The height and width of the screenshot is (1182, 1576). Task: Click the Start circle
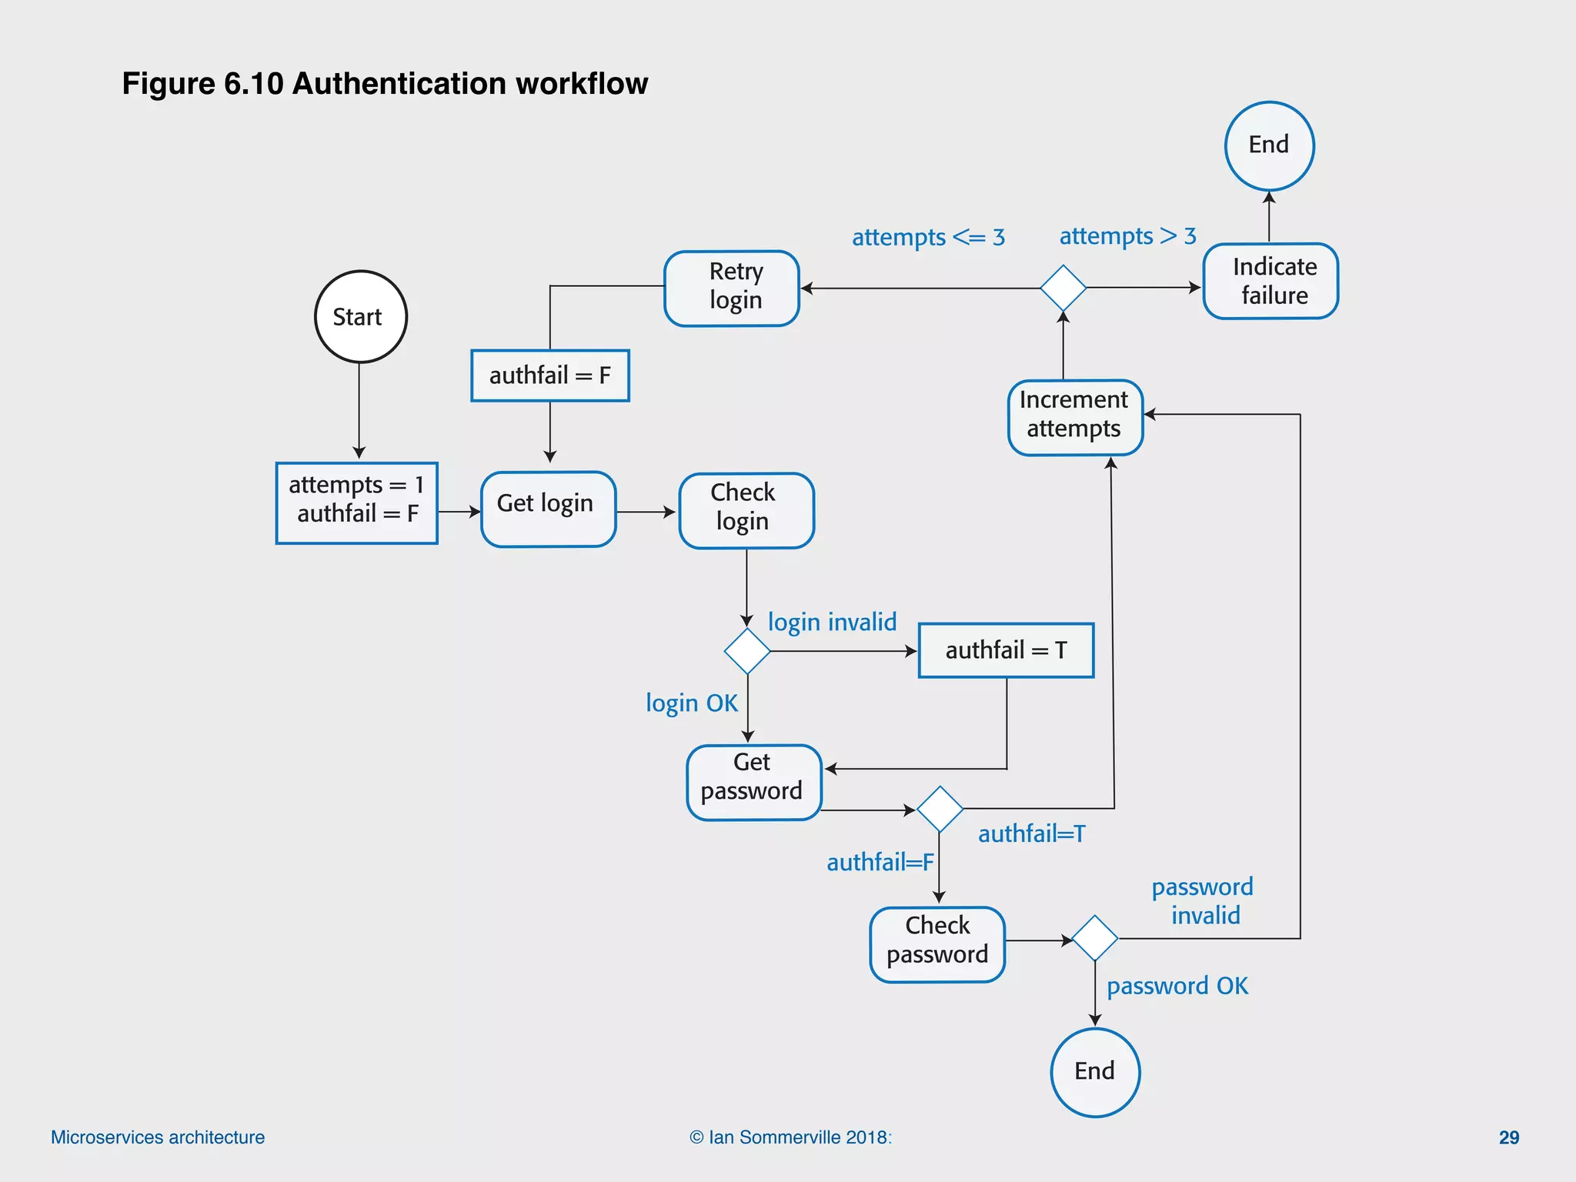point(360,316)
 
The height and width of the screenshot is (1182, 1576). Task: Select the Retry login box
point(732,288)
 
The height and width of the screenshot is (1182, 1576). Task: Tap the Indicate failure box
point(1270,281)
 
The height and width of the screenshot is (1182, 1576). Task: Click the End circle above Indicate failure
point(1269,145)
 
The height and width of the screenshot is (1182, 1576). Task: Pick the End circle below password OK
point(1094,1072)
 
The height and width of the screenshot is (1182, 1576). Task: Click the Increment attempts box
point(1075,417)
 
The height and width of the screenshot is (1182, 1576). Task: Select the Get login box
point(548,509)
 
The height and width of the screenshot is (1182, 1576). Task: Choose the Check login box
point(746,509)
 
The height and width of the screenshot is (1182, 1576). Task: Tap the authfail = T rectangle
point(1006,650)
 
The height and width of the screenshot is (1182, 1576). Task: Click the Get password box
point(753,782)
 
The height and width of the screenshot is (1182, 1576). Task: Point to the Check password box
point(937,944)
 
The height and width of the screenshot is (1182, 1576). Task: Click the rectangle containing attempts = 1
point(356,503)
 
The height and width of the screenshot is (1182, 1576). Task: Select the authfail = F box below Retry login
point(549,376)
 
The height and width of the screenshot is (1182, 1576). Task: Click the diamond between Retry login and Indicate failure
point(1063,288)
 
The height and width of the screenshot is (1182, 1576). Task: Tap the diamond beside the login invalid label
point(746,651)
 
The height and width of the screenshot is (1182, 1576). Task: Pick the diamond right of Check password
point(1094,938)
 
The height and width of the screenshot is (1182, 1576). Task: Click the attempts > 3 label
point(1127,235)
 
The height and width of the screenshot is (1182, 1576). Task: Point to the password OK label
point(1177,986)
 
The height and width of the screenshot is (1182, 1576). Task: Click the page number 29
point(1508,1137)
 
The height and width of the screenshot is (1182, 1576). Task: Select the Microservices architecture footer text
point(158,1137)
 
